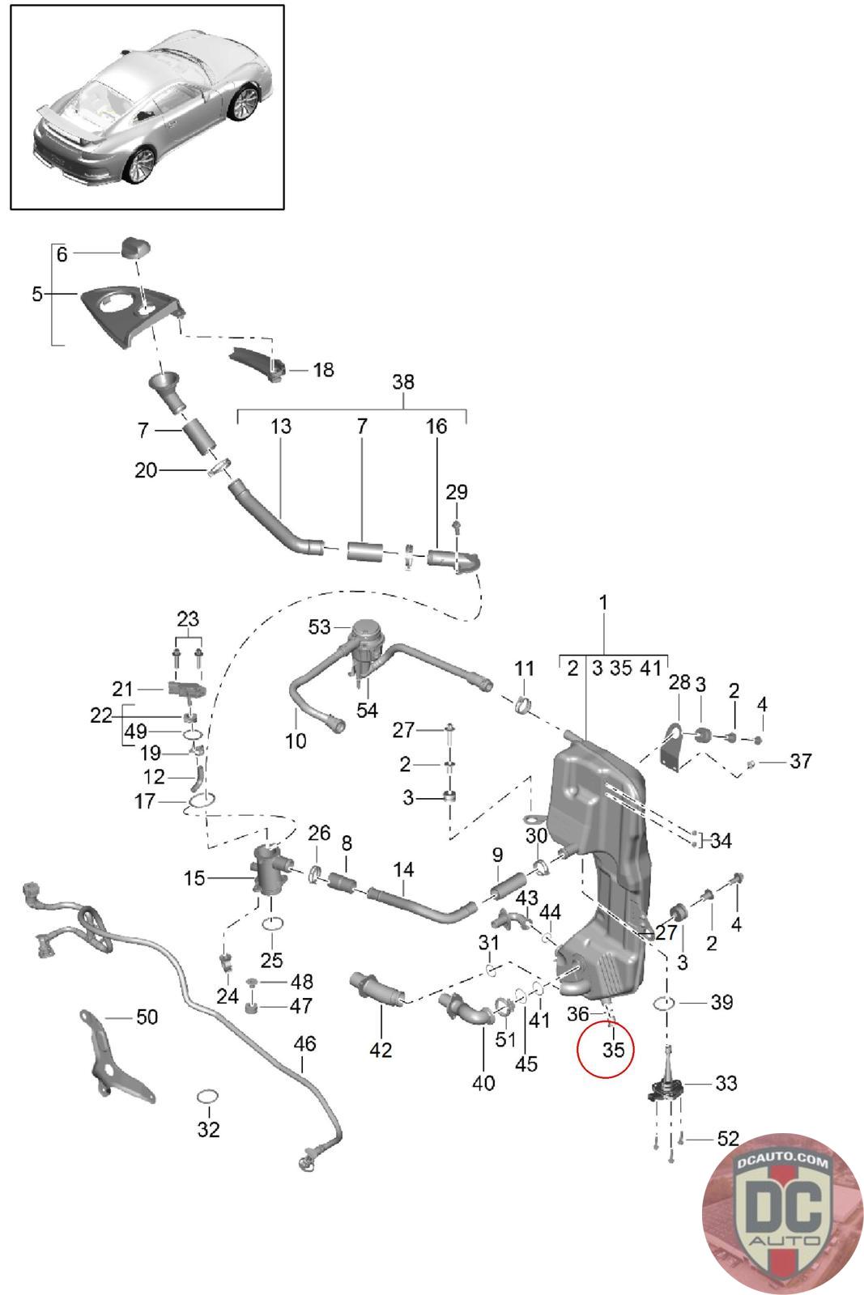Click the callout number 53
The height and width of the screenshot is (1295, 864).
point(319,626)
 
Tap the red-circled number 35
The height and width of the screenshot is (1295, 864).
point(613,1049)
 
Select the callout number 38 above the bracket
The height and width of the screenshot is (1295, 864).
point(403,381)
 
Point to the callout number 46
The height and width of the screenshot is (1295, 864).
point(304,1043)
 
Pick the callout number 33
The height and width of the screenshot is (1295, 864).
point(726,1083)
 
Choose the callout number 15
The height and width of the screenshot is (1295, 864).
point(194,878)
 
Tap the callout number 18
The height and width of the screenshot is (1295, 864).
point(323,369)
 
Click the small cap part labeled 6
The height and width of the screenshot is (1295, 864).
point(135,248)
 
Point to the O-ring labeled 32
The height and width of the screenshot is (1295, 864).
point(208,1096)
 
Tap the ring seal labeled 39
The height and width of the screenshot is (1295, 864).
point(663,1003)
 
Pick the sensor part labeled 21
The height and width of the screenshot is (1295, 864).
point(187,689)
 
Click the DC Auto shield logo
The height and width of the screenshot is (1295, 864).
point(782,1214)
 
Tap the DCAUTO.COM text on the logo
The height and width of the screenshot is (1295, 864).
point(782,1162)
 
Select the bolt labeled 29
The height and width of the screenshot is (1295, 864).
point(457,525)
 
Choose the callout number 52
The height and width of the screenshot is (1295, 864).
point(728,1138)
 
